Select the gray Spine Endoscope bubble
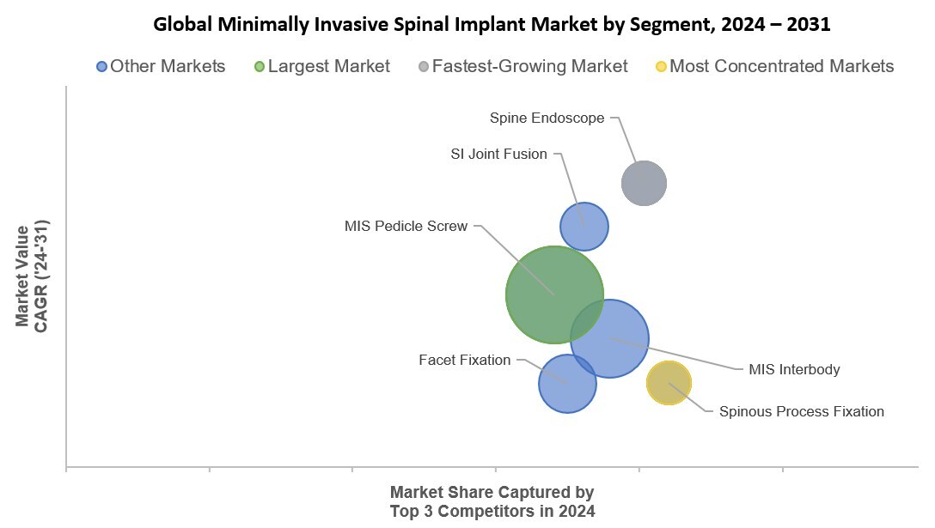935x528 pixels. pos(644,183)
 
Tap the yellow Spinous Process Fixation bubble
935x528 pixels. pos(669,383)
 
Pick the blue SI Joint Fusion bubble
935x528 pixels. pos(584,227)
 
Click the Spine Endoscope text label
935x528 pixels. pos(547,118)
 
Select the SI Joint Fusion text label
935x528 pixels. pos(498,154)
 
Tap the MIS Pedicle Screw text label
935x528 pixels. pos(406,226)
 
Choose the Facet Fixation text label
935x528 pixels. pos(464,360)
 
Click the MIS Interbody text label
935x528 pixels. pos(793,369)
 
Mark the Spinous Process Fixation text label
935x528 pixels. pos(801,411)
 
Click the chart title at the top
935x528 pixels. pos(492,24)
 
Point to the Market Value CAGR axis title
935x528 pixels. pos(32,276)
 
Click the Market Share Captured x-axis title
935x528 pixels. pos(492,501)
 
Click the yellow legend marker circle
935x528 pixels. pos(660,67)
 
